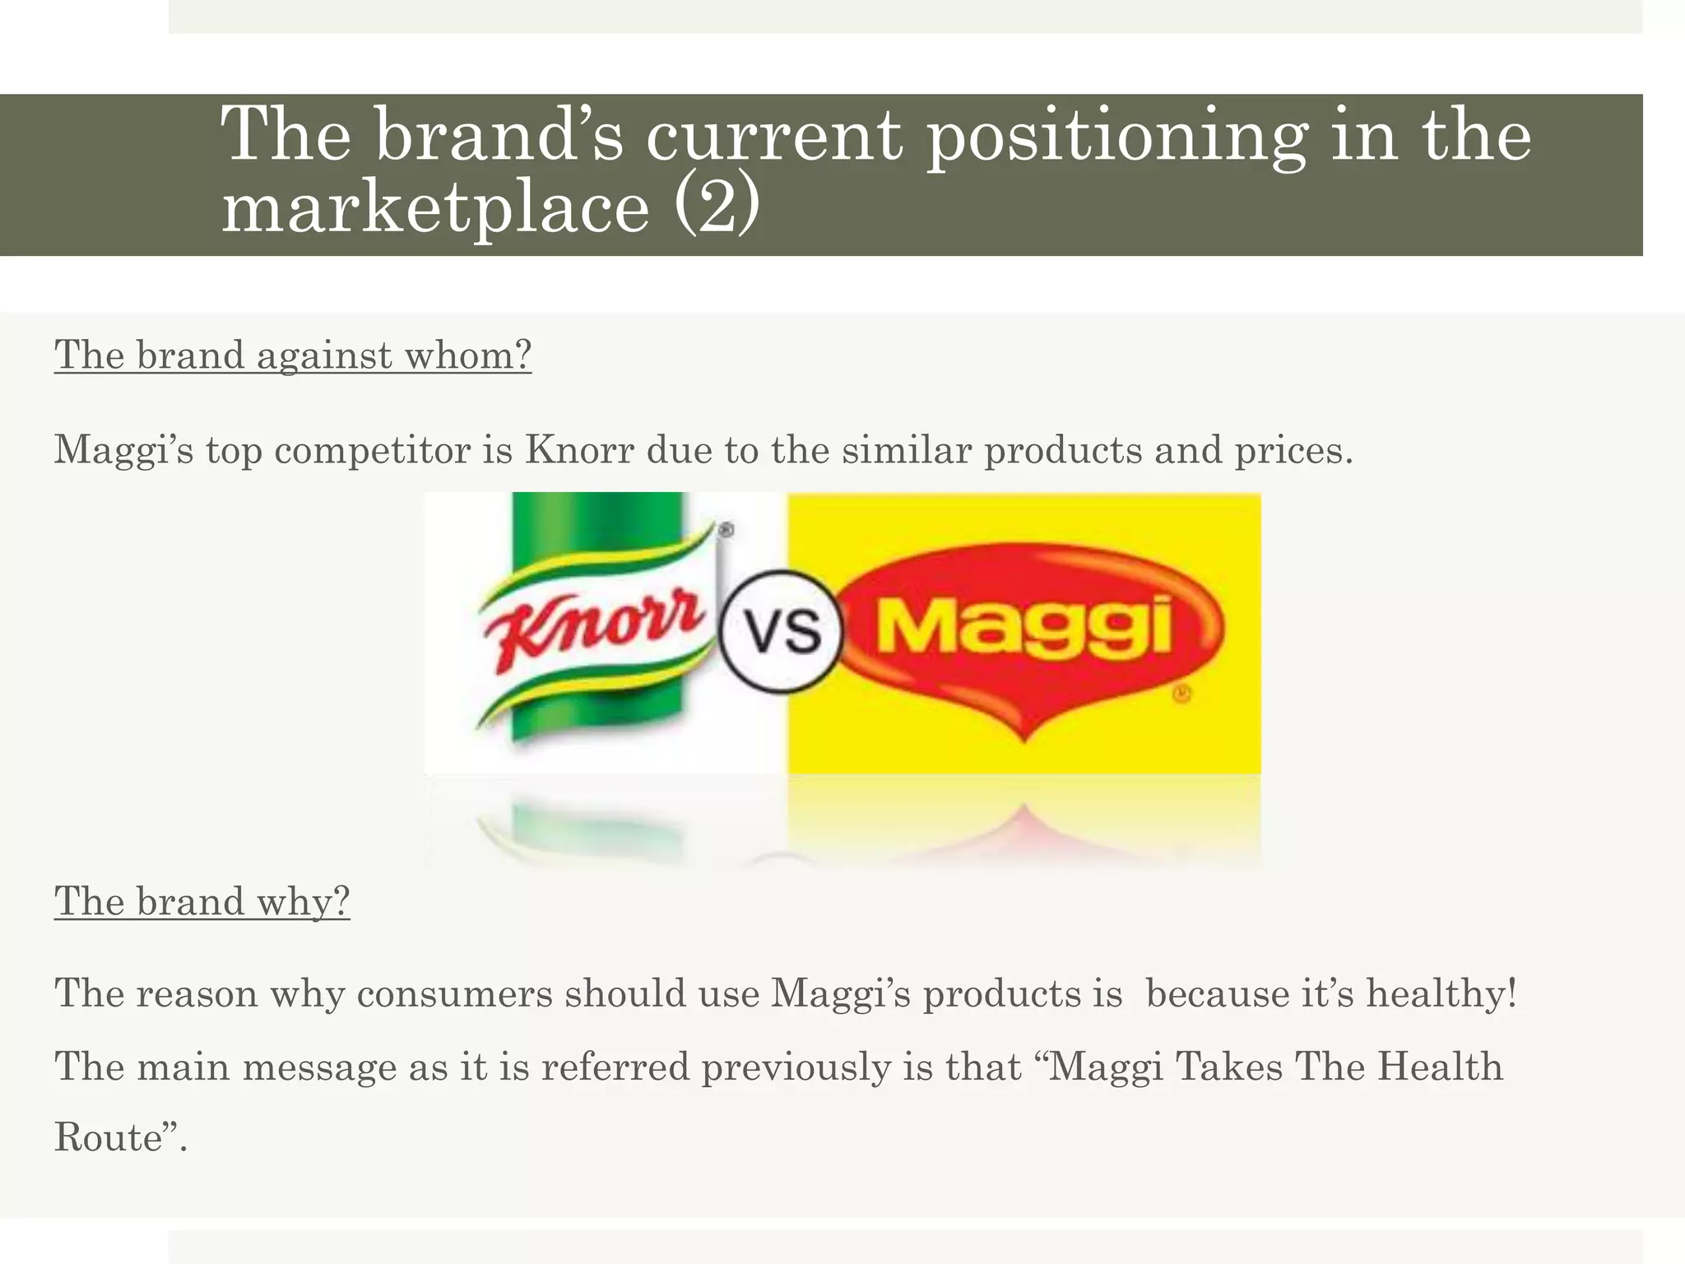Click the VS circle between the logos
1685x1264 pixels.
pyautogui.click(x=781, y=631)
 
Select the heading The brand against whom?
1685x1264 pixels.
pyautogui.click(x=293, y=355)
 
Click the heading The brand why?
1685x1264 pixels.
pyautogui.click(x=202, y=901)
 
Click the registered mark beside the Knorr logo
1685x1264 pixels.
pyautogui.click(x=726, y=531)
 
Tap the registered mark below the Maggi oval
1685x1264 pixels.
pyautogui.click(x=1181, y=695)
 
